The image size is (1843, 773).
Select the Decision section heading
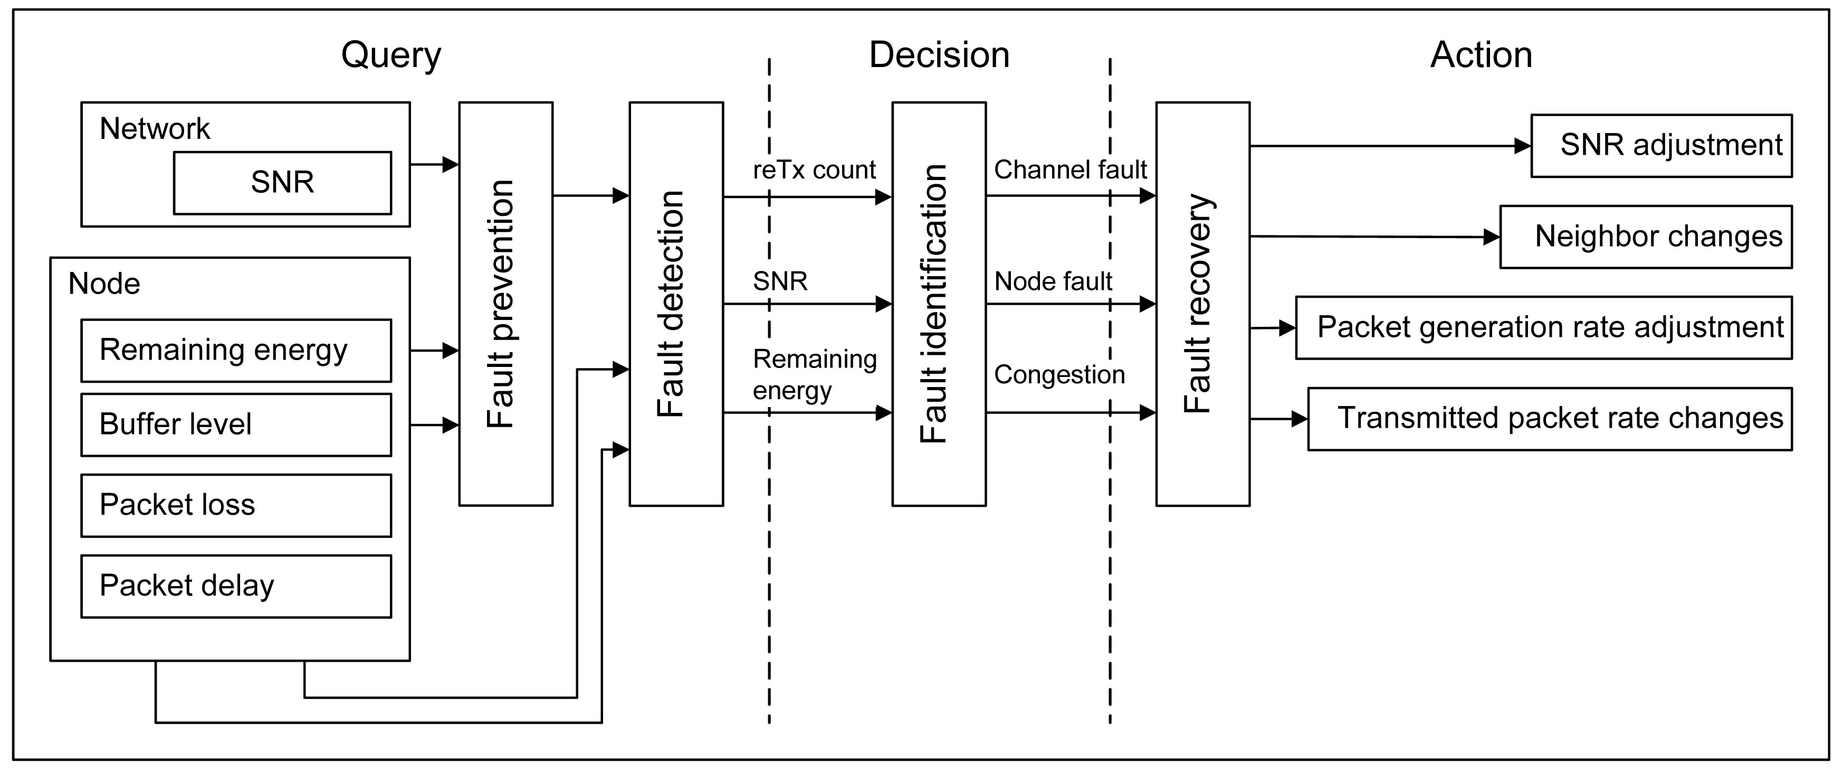[939, 55]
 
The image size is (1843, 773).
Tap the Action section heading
[1481, 55]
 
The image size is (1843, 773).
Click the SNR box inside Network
[283, 183]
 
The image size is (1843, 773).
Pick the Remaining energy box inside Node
[236, 351]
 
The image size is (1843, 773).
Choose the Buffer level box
[236, 425]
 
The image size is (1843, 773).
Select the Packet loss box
[236, 505]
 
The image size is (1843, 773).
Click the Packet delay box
[236, 586]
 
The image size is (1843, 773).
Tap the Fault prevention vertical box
[506, 304]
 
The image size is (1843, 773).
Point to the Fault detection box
[676, 304]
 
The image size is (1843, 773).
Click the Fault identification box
[939, 304]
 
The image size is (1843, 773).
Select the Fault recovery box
[1202, 304]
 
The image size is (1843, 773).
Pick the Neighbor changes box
[1646, 237]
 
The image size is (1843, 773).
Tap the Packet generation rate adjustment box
[1544, 328]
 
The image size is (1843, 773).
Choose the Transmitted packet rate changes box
[1550, 419]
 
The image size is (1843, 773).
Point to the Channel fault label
[1071, 169]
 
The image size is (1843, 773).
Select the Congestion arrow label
[1059, 375]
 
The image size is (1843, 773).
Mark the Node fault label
[1053, 281]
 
